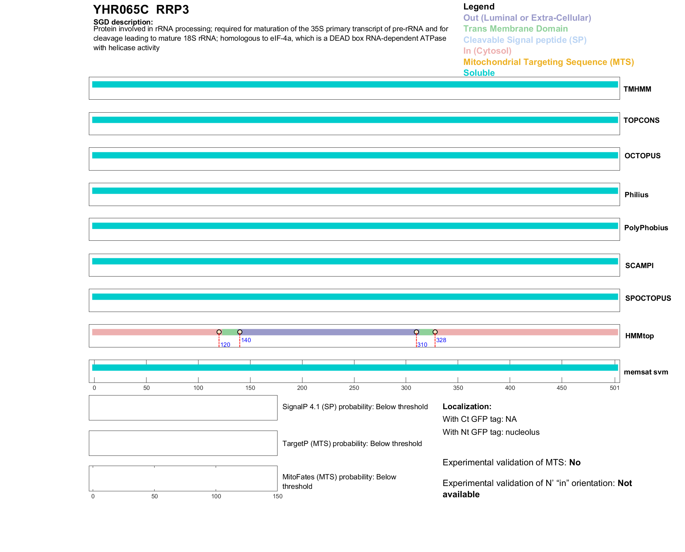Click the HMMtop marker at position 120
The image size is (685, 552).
tap(219, 332)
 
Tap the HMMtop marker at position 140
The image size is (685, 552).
tap(240, 332)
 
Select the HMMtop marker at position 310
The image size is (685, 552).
tap(416, 332)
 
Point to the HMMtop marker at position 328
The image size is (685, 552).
tap(435, 332)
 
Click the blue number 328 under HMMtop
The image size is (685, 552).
tap(441, 340)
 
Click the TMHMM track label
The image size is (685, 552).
tap(637, 89)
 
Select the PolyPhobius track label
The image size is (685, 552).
tap(646, 228)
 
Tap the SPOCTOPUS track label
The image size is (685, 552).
tap(648, 298)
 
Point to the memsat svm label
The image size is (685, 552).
tap(646, 372)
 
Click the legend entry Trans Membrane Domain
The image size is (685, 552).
tap(515, 29)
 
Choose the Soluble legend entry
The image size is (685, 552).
tap(479, 73)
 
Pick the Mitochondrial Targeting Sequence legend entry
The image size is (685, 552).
tap(548, 62)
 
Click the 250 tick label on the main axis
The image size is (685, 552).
tap(354, 388)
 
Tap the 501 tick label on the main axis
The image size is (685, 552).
tap(614, 388)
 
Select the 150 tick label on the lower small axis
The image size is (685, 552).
tap(278, 496)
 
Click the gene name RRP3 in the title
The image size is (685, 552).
tap(172, 10)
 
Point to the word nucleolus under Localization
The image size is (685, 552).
tap(522, 432)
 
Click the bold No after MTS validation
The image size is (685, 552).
tap(575, 463)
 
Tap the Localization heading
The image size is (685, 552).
tap(467, 406)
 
